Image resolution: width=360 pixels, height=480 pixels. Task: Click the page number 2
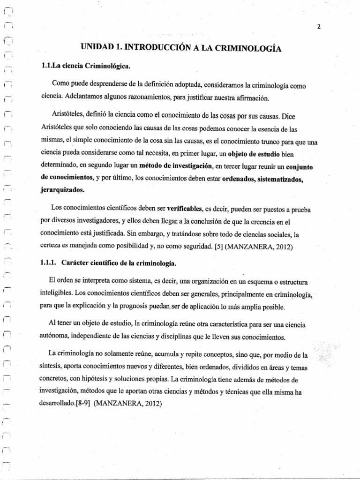318,27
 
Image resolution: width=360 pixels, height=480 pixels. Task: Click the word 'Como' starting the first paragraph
61,86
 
